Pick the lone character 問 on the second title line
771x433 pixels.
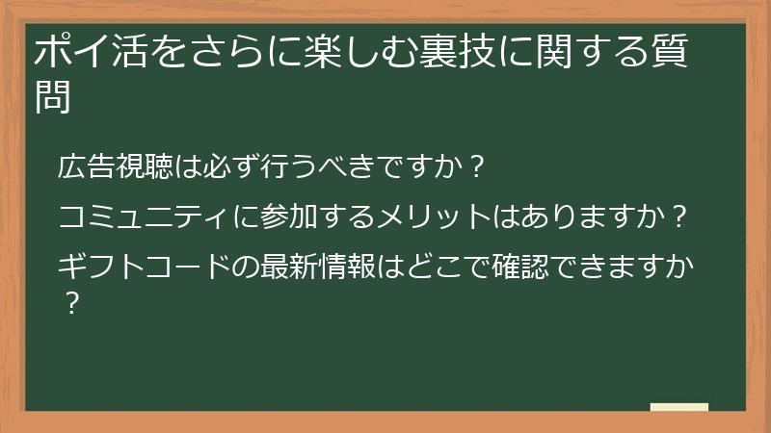tap(52, 98)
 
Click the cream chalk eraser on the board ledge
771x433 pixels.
tap(679, 407)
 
